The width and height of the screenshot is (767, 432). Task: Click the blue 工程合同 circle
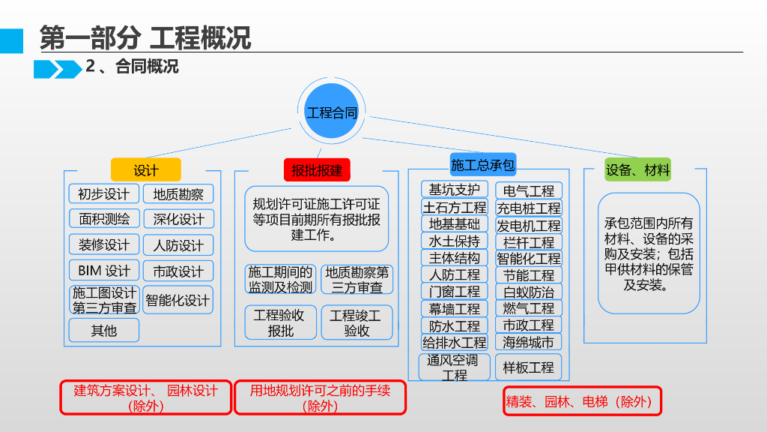point(332,112)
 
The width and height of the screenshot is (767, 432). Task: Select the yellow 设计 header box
point(145,169)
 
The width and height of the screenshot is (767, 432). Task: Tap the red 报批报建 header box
point(317,169)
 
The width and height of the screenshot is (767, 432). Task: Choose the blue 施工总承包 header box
point(483,164)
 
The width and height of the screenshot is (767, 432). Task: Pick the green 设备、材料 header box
point(637,169)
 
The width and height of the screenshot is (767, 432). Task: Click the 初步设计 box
point(103,193)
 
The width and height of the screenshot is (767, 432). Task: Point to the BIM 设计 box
point(103,270)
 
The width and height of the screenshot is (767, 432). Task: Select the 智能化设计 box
point(178,300)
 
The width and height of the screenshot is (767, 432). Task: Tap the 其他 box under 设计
point(103,330)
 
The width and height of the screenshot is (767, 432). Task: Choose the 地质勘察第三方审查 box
point(357,279)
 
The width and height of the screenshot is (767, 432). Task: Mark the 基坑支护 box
point(454,190)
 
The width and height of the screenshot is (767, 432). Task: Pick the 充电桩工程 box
point(528,208)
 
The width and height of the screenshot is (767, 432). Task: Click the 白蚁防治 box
point(528,292)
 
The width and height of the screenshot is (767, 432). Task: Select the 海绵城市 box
point(528,342)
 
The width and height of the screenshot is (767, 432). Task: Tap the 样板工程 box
point(528,367)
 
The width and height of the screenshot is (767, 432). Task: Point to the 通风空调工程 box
point(454,367)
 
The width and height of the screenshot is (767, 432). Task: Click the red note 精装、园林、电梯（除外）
point(582,401)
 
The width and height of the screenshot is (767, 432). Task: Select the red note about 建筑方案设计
point(145,398)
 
